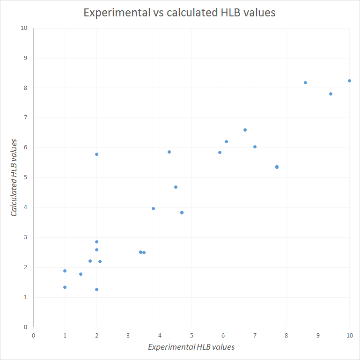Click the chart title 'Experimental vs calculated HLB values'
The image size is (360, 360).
(179, 13)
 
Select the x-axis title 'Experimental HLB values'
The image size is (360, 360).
(191, 347)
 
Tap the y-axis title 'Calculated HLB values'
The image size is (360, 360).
(15, 177)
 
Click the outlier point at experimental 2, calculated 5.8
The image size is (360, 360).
(96, 154)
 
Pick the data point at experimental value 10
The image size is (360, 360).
(349, 81)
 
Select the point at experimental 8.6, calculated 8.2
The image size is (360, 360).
(305, 82)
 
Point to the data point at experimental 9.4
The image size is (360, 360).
(331, 94)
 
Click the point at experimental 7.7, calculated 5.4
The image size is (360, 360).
(277, 167)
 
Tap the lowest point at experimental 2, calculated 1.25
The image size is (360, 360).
(96, 289)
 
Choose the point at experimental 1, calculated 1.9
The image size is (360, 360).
(65, 271)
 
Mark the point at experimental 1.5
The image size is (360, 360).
(81, 274)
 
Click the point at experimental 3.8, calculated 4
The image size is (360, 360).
(153, 208)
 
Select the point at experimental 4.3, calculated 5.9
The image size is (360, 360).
(169, 152)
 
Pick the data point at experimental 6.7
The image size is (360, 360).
(245, 130)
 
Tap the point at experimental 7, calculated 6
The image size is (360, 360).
(255, 147)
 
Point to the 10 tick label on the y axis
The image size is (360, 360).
(24, 28)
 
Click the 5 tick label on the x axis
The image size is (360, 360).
(191, 336)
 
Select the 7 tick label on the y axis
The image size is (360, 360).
(26, 118)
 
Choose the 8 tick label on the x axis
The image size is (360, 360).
(286, 336)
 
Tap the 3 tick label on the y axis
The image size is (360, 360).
(26, 237)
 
